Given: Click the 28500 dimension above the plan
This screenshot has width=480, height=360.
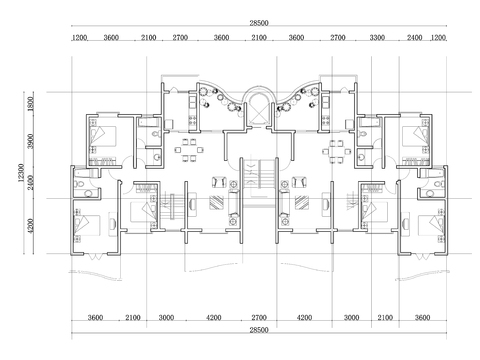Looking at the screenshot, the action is (259, 23).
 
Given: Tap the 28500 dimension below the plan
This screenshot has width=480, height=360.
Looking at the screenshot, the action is (259, 330).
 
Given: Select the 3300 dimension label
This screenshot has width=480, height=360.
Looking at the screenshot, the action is (377, 37).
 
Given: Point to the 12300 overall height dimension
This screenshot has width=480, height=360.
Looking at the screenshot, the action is (21, 173).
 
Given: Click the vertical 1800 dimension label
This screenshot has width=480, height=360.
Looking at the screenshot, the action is (31, 104).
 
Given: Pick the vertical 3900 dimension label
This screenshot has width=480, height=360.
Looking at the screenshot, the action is (31, 141).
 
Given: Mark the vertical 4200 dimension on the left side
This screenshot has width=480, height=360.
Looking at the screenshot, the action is (31, 226).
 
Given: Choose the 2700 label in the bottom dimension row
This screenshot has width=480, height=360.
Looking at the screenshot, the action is (259, 317).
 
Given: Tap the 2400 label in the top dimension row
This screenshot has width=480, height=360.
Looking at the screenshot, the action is (414, 37).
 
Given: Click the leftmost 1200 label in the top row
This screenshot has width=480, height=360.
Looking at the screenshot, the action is (79, 37).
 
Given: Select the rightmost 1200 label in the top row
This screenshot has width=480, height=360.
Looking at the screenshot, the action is (438, 37).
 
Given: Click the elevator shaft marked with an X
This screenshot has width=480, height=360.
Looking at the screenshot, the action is (259, 110).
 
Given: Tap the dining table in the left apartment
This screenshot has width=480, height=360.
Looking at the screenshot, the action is (189, 150).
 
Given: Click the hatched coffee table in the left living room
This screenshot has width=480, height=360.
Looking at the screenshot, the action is (216, 202).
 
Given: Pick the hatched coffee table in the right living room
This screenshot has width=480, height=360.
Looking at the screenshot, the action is (301, 202).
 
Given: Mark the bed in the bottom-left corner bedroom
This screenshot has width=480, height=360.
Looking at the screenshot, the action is (87, 225).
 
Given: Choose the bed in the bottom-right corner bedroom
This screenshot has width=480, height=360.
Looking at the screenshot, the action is (431, 225).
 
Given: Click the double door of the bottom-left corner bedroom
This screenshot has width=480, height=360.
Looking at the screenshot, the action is (95, 256).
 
